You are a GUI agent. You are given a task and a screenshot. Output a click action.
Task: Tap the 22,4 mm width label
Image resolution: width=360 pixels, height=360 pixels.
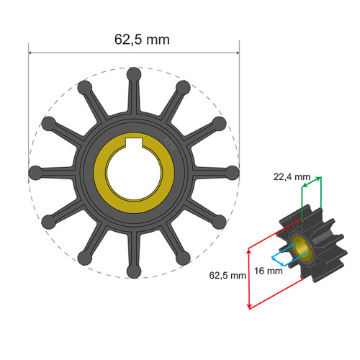coord(292,176)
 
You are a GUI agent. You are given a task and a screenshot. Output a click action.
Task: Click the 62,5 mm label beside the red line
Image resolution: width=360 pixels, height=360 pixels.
coord(223,275)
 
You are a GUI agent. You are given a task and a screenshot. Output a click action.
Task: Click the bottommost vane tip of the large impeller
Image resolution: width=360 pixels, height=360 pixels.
coord(133,271)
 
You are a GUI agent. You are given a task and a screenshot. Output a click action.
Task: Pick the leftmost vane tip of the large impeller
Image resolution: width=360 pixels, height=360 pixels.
coord(35,173)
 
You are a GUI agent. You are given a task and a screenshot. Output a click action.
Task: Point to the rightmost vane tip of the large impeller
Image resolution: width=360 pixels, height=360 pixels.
coord(233,173)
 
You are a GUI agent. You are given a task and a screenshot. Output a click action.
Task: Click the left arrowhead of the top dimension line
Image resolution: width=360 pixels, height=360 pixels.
coord(31,52)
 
